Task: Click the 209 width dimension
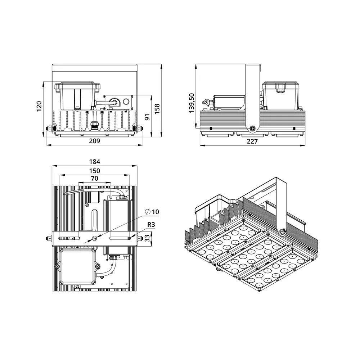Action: point(94,141)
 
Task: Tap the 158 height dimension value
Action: point(157,109)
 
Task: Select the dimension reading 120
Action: point(39,106)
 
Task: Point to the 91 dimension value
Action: point(147,117)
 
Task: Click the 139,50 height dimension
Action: point(192,103)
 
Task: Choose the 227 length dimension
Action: point(252,141)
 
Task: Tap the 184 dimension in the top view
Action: point(95,162)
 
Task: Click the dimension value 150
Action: point(95,171)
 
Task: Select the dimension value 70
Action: point(95,179)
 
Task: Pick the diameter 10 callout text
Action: point(152,212)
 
